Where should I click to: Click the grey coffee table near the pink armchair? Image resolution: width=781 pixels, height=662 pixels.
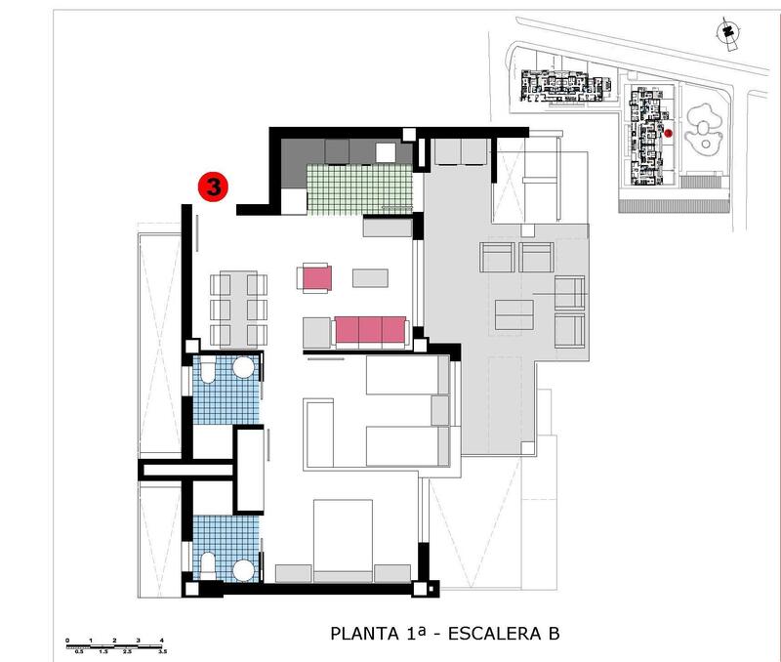369,277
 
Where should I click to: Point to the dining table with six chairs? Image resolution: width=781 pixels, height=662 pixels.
238,308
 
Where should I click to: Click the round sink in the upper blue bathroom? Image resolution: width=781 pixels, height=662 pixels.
244,368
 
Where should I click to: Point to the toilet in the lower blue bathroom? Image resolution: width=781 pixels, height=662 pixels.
208,565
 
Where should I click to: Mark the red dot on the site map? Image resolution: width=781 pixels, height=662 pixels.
669,132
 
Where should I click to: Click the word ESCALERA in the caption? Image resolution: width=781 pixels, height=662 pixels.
493,635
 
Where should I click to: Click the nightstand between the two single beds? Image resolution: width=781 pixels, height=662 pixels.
439,409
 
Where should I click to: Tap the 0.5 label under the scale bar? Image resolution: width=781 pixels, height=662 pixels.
78,650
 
